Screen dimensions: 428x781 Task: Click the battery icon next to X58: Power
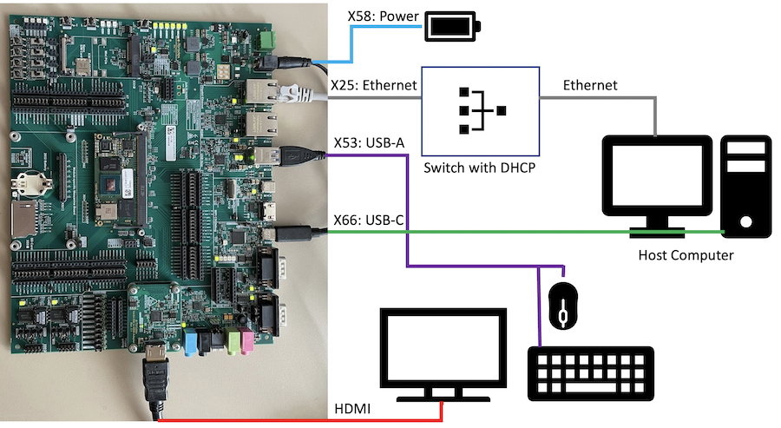pyautogui.click(x=450, y=27)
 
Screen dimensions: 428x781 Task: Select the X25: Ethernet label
pyautogui.click(x=375, y=86)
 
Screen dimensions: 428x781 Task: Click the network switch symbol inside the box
pyautogui.click(x=481, y=110)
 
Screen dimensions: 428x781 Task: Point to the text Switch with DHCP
pyautogui.click(x=480, y=168)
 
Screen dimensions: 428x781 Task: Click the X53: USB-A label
pyautogui.click(x=371, y=142)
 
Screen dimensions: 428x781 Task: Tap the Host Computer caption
pyautogui.click(x=686, y=255)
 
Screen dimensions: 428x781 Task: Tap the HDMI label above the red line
pyautogui.click(x=353, y=408)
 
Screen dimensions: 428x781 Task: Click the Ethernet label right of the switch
pyautogui.click(x=590, y=85)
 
